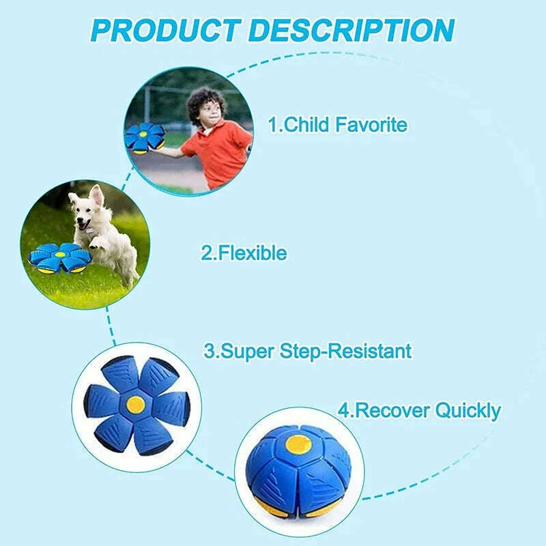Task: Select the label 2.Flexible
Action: point(244,253)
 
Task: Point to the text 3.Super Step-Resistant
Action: point(308,351)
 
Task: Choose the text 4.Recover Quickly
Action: point(419,410)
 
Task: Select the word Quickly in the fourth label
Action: point(467,410)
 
